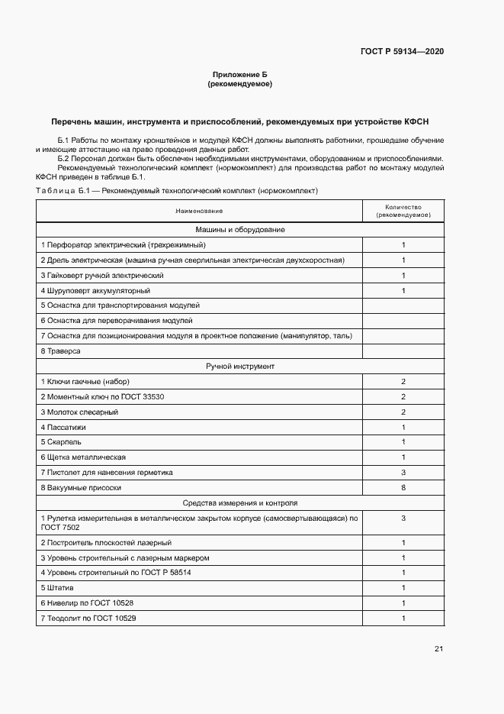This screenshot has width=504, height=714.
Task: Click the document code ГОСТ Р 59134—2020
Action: coord(402,51)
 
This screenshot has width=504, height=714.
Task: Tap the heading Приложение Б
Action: coord(239,75)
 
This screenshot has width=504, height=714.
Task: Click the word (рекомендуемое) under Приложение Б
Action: coord(239,84)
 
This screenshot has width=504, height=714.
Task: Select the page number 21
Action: coord(438,649)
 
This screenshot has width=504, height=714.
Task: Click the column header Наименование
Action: coord(199,211)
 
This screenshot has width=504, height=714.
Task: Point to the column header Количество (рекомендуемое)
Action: coord(403,211)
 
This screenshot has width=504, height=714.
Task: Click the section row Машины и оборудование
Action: coord(239,230)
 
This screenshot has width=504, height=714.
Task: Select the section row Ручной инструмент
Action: coord(239,367)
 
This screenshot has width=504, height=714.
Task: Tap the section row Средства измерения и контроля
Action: coord(239,503)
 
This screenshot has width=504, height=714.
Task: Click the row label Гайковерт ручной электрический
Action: coord(102,275)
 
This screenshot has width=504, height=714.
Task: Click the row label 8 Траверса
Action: coord(60,351)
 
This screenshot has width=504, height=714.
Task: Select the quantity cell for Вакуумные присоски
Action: coord(403,487)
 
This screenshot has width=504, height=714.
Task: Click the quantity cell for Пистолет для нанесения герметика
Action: coord(403,473)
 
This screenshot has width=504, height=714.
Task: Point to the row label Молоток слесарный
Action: coord(79,412)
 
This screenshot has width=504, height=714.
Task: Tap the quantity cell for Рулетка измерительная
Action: coord(403,519)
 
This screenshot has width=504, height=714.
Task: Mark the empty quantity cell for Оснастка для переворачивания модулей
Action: coord(403,321)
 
